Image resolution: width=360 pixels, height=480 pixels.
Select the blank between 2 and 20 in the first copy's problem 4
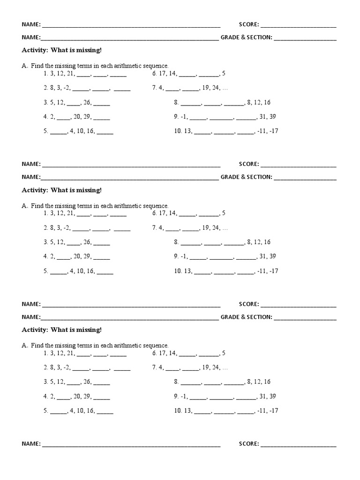(x=63, y=117)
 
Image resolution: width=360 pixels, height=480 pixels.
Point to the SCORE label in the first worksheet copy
(x=248, y=24)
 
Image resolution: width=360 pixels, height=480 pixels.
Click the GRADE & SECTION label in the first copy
(x=246, y=37)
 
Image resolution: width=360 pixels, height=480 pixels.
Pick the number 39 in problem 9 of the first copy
(x=272, y=117)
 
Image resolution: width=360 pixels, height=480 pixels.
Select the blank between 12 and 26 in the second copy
(x=74, y=242)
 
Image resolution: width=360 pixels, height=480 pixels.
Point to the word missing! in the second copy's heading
(x=89, y=190)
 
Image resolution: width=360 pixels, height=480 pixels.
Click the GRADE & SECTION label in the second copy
(x=246, y=177)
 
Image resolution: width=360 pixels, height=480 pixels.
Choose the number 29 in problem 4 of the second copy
(x=87, y=256)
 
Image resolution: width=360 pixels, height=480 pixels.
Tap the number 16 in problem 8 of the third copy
(x=267, y=382)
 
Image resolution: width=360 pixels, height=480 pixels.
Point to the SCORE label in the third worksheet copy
(x=248, y=304)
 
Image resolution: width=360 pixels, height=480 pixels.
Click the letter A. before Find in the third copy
(x=25, y=345)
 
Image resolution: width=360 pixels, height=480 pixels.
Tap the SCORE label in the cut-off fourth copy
(x=248, y=444)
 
